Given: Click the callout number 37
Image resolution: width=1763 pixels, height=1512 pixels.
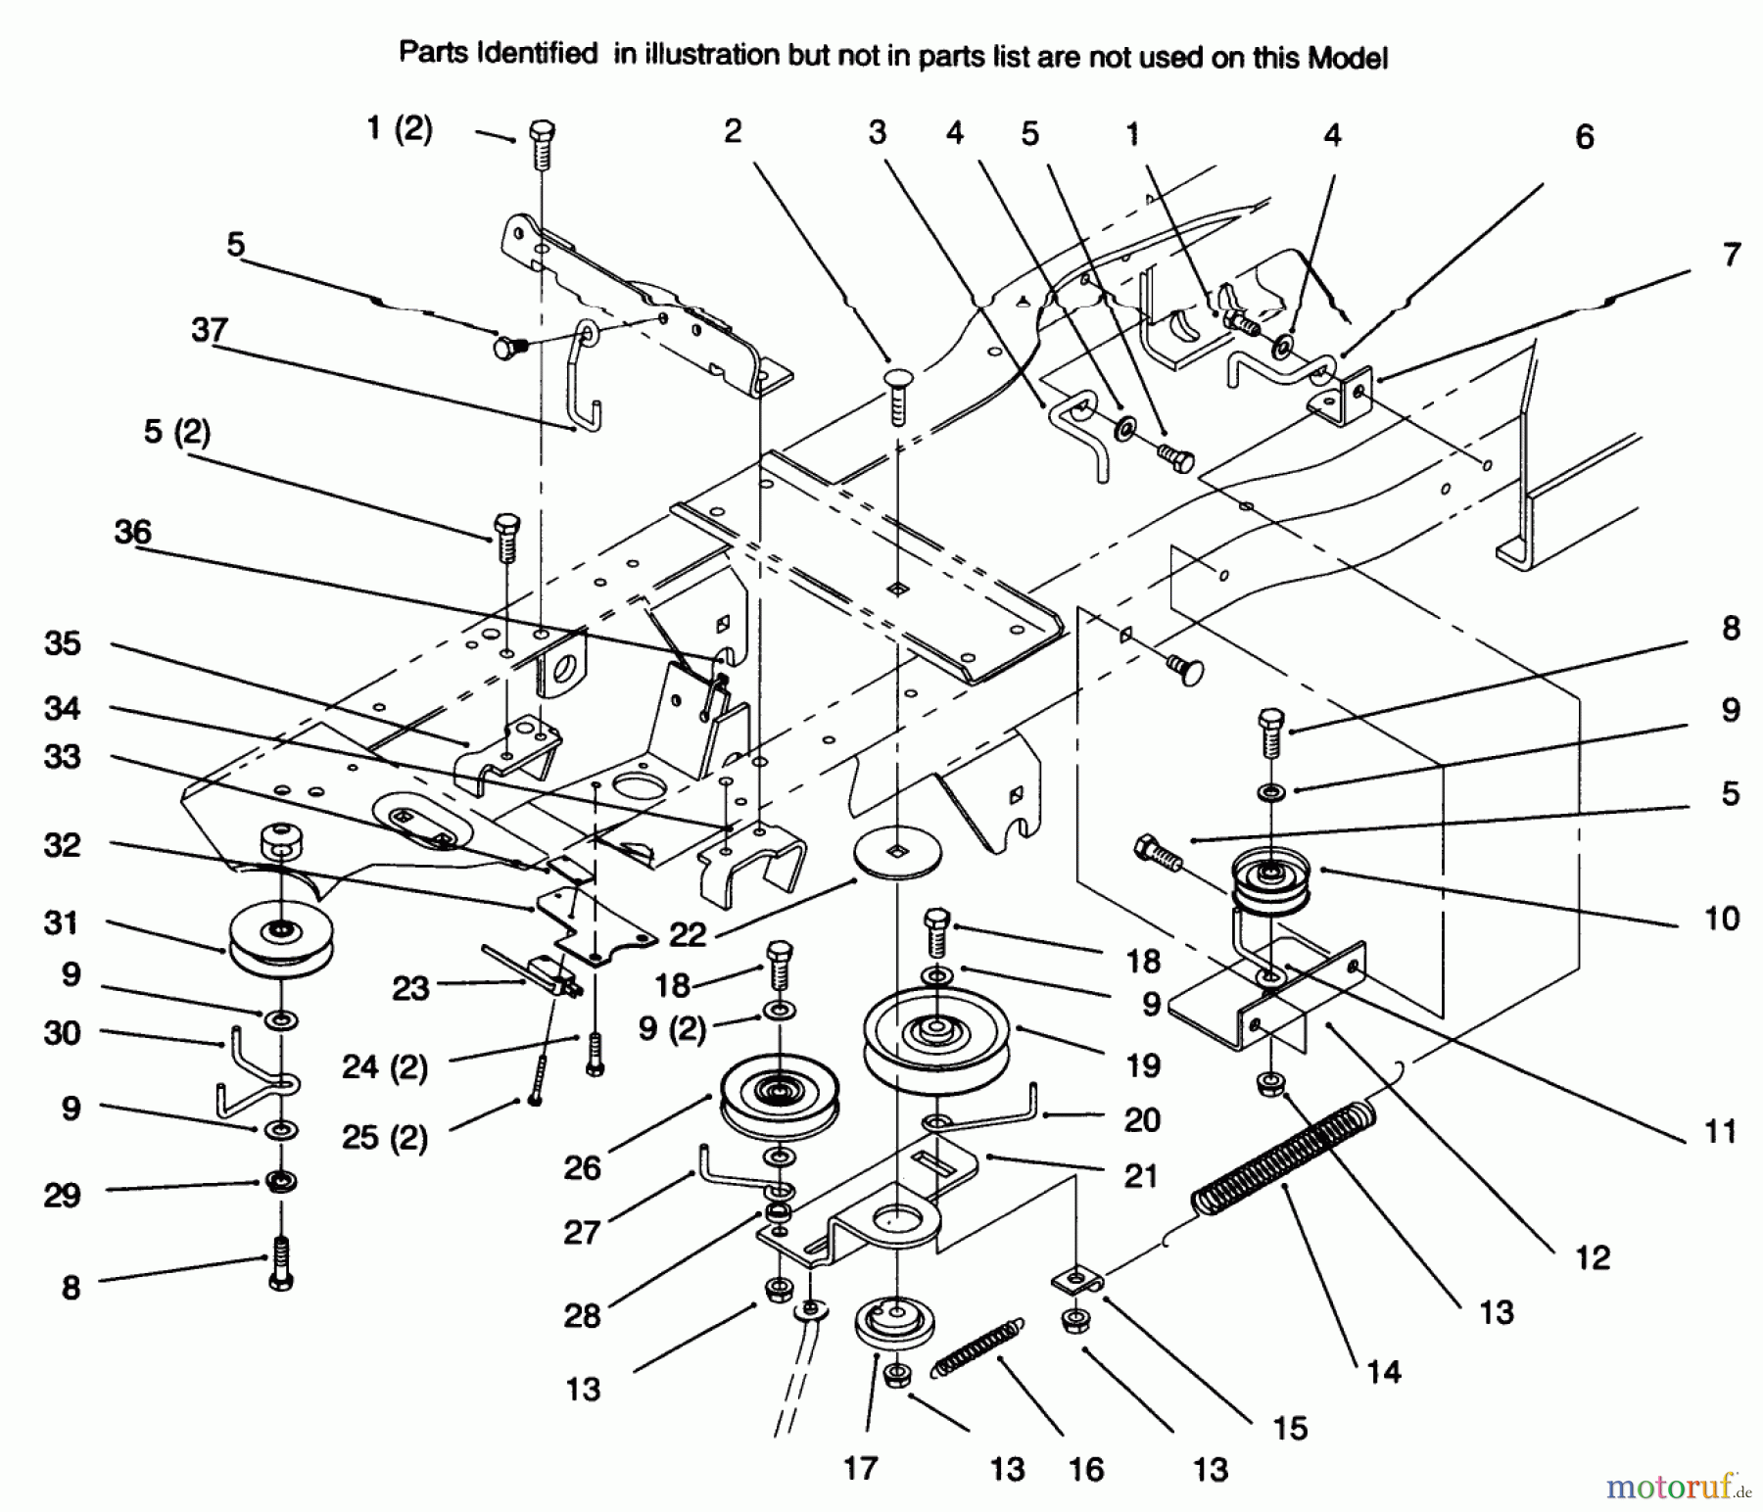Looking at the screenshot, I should point(210,330).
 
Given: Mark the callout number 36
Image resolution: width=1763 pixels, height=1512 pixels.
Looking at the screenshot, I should point(133,532).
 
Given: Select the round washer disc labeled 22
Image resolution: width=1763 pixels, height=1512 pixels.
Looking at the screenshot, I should point(897,852).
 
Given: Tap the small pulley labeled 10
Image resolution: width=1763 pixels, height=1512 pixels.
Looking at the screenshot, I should point(1269,878).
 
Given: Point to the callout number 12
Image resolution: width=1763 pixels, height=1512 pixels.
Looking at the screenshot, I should point(1593,1257).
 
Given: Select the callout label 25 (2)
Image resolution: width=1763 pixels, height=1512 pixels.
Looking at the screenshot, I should point(385,1138).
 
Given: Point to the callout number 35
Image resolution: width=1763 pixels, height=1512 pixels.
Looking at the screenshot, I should point(63,643).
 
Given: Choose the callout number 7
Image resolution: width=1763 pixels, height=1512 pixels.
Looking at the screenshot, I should point(1731,256).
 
